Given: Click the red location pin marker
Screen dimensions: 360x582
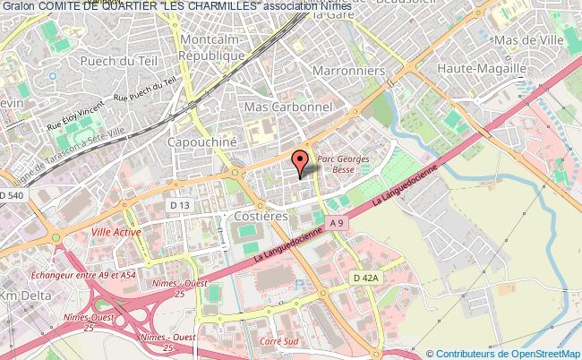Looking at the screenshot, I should [x=304, y=160].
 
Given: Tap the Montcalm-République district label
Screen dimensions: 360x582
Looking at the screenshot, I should [x=212, y=48].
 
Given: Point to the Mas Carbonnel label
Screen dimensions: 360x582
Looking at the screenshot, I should [x=288, y=107].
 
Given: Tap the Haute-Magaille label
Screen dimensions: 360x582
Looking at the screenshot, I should [x=481, y=68].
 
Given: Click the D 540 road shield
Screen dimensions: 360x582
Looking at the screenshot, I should [x=14, y=195].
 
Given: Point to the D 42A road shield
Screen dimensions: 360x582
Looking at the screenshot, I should [x=366, y=278].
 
